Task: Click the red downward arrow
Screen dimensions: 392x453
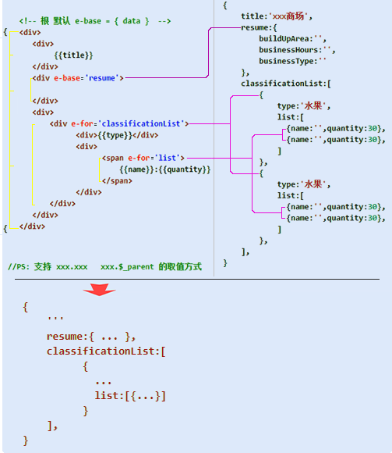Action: (100, 290)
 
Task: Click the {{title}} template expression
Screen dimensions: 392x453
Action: (74, 55)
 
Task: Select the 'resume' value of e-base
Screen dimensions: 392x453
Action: (102, 78)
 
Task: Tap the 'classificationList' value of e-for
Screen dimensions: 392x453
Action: (141, 123)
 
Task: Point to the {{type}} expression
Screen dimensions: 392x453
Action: (115, 135)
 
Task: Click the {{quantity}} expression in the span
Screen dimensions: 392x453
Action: (185, 169)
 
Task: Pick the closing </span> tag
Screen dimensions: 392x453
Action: (117, 181)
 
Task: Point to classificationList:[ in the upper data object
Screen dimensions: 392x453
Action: (286, 84)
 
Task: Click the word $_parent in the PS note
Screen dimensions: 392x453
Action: (136, 266)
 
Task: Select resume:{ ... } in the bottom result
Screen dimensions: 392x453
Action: (91, 337)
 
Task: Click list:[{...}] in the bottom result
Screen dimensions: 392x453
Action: (130, 396)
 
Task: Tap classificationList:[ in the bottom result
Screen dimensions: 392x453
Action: (106, 351)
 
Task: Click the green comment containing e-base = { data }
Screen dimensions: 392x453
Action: (95, 21)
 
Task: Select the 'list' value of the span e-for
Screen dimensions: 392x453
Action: (168, 158)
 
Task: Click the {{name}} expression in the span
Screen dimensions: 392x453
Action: (137, 169)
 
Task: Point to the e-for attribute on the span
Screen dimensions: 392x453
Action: (139, 158)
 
